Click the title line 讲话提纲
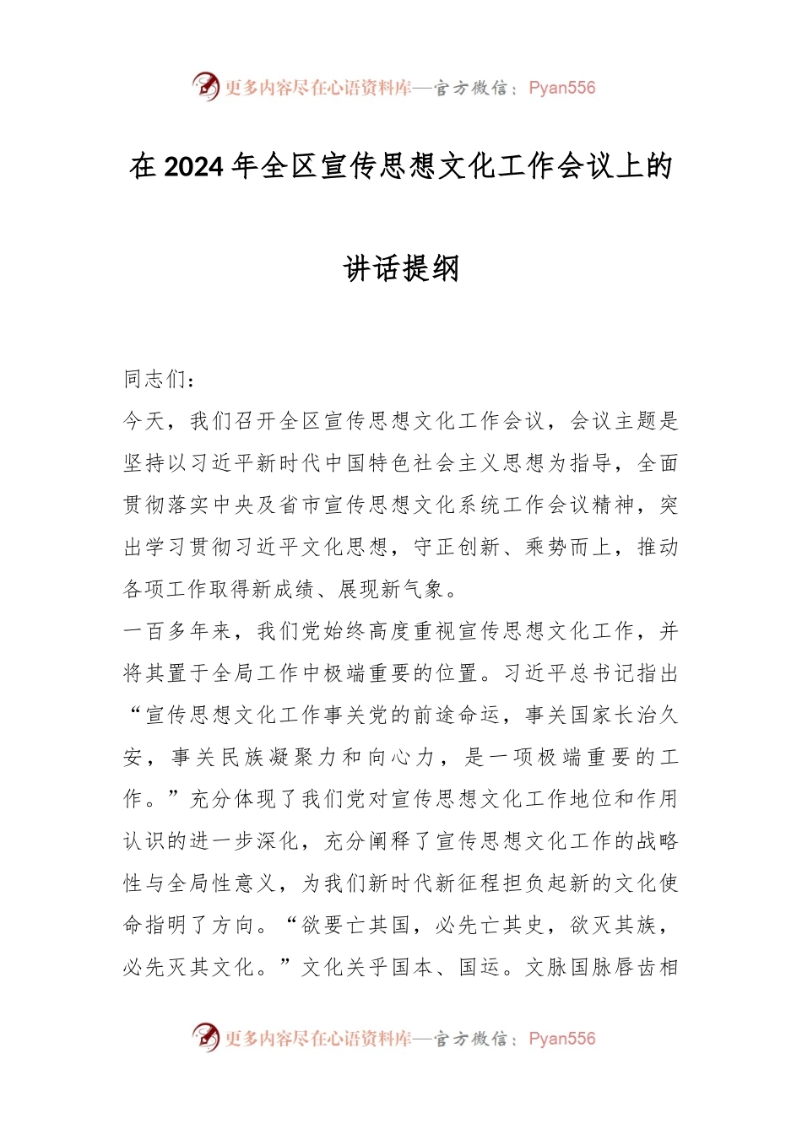point(401,268)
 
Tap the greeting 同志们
point(156,380)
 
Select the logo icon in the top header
point(205,86)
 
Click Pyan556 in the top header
point(562,88)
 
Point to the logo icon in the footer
point(205,1037)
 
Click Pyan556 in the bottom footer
point(562,1039)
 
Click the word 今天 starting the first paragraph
point(144,421)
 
